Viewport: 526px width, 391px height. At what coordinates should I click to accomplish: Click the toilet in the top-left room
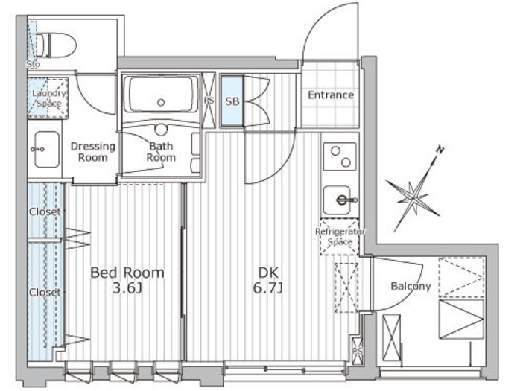57,44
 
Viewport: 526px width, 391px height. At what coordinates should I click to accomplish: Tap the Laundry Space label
49,98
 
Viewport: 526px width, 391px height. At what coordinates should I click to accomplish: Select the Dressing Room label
93,151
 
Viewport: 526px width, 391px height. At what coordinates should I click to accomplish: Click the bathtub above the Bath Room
162,95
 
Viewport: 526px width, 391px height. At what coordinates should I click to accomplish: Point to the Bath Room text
161,152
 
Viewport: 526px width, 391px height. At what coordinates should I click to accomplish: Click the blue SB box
232,101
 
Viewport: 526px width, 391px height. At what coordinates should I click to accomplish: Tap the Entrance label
331,95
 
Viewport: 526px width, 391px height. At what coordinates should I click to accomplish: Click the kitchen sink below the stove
341,199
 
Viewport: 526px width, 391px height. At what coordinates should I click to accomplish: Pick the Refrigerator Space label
340,237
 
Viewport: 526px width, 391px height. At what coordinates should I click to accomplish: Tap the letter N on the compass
440,151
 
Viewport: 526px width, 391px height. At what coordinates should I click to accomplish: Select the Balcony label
411,286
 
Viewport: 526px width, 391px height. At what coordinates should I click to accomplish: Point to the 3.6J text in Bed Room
127,288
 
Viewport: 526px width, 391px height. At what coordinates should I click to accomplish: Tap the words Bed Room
127,273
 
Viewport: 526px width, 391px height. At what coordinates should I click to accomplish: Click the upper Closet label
45,212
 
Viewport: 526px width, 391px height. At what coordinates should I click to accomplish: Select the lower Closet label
45,293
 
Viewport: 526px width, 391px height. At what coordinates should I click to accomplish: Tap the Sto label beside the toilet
33,65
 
